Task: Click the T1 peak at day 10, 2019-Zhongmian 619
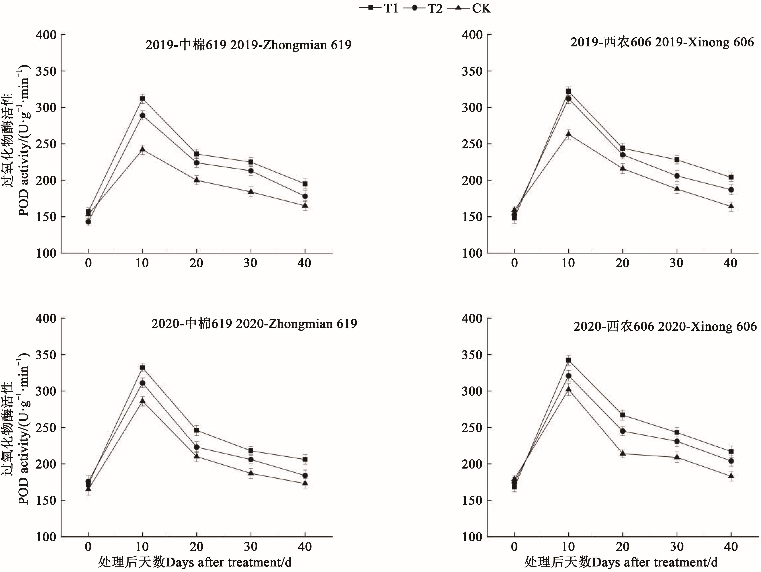coord(142,99)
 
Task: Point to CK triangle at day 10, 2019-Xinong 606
coord(568,134)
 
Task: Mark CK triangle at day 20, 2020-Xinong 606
coord(623,453)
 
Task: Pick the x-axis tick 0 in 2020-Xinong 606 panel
coord(514,547)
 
